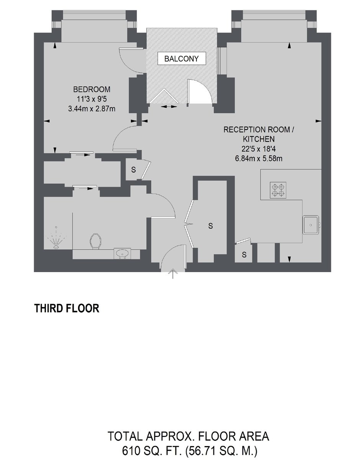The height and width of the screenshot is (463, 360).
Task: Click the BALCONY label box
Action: point(182,58)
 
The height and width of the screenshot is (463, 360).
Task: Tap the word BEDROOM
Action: point(92,89)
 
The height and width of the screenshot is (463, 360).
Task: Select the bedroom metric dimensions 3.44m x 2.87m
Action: point(92,109)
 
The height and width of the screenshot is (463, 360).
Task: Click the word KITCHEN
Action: point(259,139)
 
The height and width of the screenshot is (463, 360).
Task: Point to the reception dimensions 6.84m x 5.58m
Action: point(259,159)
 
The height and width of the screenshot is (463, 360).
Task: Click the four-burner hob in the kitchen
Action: point(278,190)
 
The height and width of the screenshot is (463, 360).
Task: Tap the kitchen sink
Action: point(311,225)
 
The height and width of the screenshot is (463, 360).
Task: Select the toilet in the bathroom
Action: point(95,241)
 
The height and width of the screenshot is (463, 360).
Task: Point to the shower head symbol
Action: point(56,238)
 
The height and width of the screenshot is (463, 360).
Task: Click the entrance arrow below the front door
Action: point(173,274)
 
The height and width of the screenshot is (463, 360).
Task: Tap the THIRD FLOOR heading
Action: point(67,308)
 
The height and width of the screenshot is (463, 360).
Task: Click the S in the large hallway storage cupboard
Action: point(211,226)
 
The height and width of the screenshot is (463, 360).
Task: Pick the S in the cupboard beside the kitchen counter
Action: point(244,254)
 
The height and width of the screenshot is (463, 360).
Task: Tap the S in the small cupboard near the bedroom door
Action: point(134,170)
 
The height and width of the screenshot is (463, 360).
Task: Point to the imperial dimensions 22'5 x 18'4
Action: point(259,149)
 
